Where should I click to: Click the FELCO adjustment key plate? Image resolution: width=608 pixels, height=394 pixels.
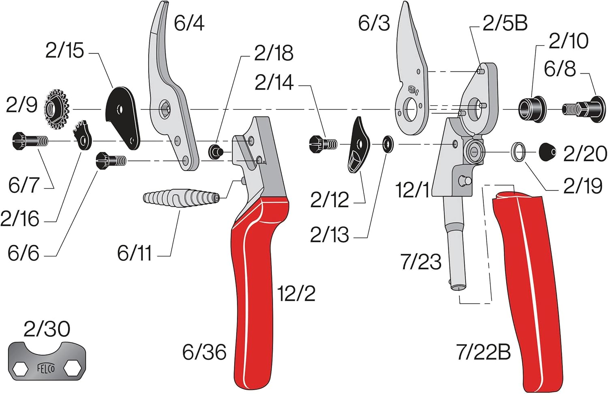pyautogui.click(x=47, y=360)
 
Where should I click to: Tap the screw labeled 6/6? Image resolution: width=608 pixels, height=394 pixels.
pyautogui.click(x=111, y=161)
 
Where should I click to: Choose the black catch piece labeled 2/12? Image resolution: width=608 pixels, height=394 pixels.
pyautogui.click(x=359, y=145)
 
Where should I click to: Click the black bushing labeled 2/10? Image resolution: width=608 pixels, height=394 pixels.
pyautogui.click(x=532, y=109)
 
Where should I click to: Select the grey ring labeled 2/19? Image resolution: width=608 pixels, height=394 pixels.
pyautogui.click(x=518, y=152)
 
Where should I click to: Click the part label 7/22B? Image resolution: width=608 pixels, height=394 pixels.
pyautogui.click(x=483, y=352)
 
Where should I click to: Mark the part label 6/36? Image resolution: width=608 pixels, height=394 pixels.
pyautogui.click(x=204, y=352)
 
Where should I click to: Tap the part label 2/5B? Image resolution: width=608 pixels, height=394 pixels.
pyautogui.click(x=505, y=23)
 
